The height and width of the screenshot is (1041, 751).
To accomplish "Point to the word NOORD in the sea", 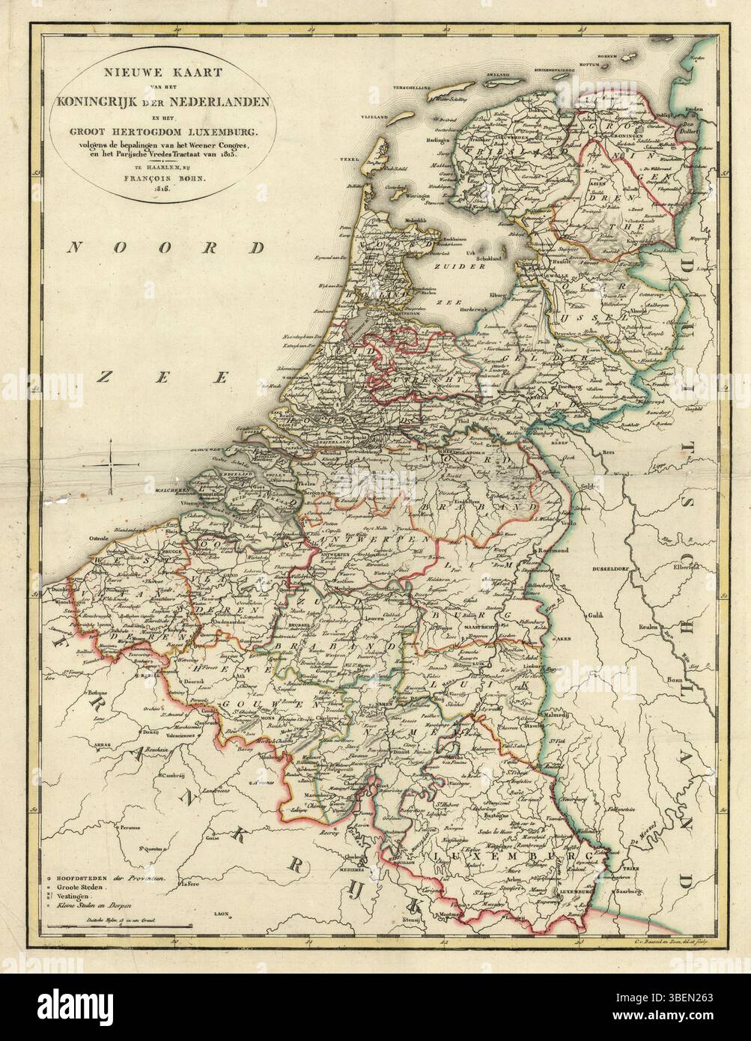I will [165, 248].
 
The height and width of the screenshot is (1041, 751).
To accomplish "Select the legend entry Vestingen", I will [73, 896].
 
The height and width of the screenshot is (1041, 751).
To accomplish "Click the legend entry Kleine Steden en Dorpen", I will [92, 905].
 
